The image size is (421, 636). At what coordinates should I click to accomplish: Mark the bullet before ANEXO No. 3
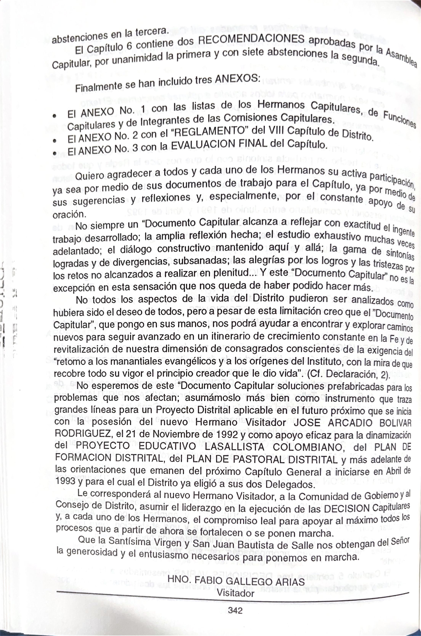click(x=55, y=153)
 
